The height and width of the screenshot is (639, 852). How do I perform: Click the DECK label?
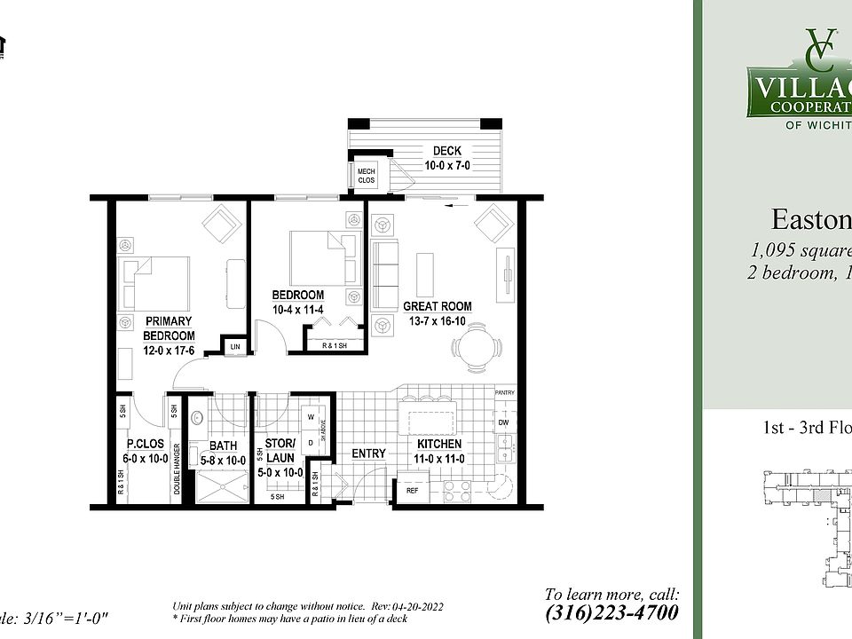click(x=446, y=151)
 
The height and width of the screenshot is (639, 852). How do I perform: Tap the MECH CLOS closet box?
click(x=366, y=175)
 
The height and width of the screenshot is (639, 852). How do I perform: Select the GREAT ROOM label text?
click(x=437, y=306)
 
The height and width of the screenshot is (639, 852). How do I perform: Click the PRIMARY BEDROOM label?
click(x=170, y=328)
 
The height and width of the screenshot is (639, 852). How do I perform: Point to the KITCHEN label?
click(x=439, y=444)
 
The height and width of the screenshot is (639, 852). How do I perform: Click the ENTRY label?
click(x=368, y=454)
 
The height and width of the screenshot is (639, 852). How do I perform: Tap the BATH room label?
click(x=223, y=446)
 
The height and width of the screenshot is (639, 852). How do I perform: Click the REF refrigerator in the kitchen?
click(x=412, y=490)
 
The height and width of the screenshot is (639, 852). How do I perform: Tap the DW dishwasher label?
click(x=503, y=423)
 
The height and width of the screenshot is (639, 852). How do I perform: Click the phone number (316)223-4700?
click(x=612, y=612)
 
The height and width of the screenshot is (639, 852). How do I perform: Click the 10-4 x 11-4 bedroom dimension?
click(x=297, y=309)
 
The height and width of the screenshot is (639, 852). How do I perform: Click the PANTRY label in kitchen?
click(x=504, y=391)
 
